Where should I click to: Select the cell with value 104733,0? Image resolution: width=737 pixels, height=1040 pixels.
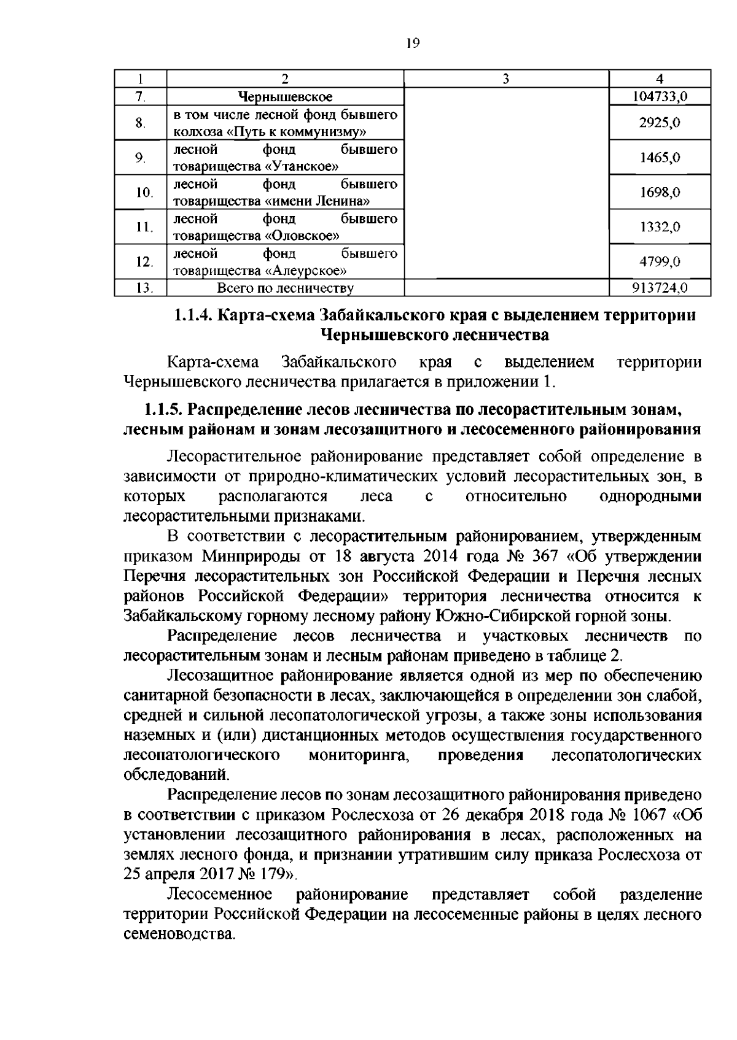pyautogui.click(x=660, y=96)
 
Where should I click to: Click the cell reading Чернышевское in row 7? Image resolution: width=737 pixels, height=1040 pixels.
pyautogui.click(x=285, y=96)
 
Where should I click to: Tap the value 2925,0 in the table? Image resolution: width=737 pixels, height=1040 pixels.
pyautogui.click(x=660, y=123)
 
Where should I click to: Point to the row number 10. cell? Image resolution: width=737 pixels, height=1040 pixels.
pyautogui.click(x=144, y=193)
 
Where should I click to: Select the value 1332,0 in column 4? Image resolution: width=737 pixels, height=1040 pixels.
pyautogui.click(x=660, y=227)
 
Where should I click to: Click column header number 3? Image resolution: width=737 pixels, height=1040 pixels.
pyautogui.click(x=505, y=79)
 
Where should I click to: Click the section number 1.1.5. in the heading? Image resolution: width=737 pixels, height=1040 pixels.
pyautogui.click(x=164, y=408)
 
